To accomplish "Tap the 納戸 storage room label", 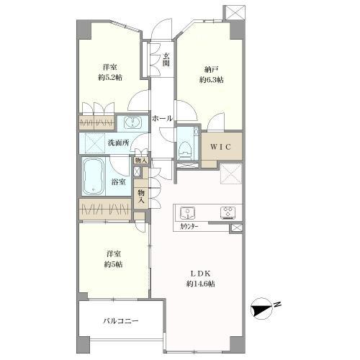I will pos(210,70).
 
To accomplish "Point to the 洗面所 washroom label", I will pos(119,143).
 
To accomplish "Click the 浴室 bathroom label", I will pos(119,181).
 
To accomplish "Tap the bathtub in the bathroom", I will pos(93,176).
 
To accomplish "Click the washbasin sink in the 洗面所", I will pos(133,122).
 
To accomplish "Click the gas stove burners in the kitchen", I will pos(228,212).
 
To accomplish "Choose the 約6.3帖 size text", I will pos(210,80).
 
